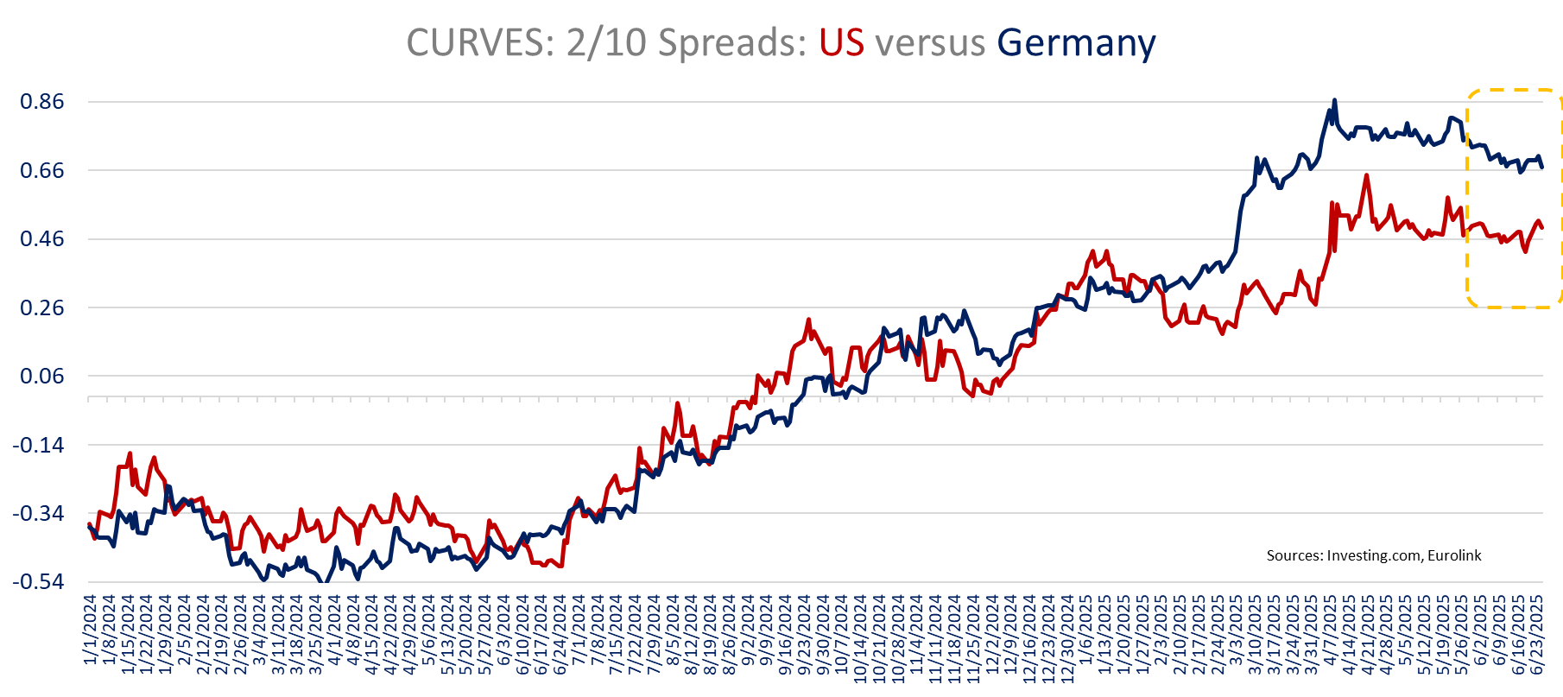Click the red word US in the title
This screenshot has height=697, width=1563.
[x=841, y=43]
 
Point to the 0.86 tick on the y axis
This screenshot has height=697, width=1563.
[x=42, y=102]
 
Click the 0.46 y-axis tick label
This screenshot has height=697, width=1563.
[x=42, y=239]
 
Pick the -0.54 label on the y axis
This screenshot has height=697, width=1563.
[x=38, y=581]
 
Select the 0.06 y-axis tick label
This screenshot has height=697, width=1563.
[x=42, y=377]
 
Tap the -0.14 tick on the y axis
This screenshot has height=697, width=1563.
[x=38, y=445]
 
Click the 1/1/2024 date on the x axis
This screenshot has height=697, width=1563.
[x=92, y=628]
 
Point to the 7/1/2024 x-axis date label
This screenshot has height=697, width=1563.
[x=579, y=628]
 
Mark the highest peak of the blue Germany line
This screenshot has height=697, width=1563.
[x=1334, y=100]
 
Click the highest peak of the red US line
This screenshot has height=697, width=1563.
[x=1366, y=175]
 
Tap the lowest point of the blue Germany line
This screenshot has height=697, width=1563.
[x=324, y=582]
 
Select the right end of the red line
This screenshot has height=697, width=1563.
[x=1542, y=227]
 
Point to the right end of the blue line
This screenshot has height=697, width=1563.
[x=1542, y=167]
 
